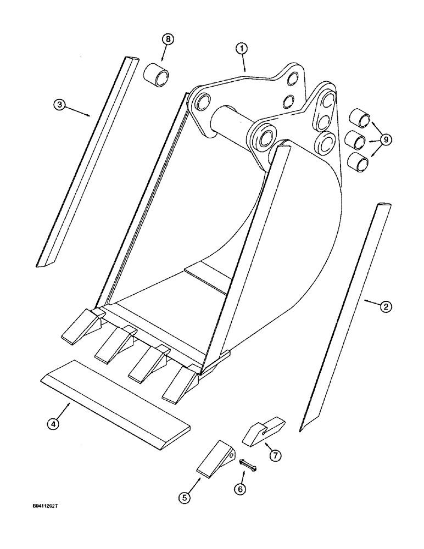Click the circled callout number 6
(241, 488)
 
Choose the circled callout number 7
(275, 455)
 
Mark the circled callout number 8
(168, 40)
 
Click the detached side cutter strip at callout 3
(86, 159)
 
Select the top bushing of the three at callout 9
(359, 119)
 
